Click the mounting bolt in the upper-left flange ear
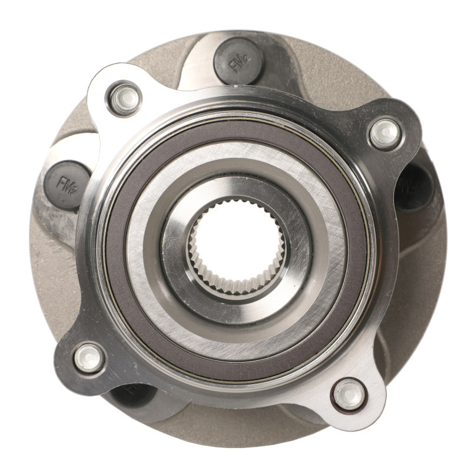tap(124, 99)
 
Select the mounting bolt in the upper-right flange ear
tap(385, 133)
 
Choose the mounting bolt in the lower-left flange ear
tap(89, 358)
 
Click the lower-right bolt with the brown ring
tap(349, 394)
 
